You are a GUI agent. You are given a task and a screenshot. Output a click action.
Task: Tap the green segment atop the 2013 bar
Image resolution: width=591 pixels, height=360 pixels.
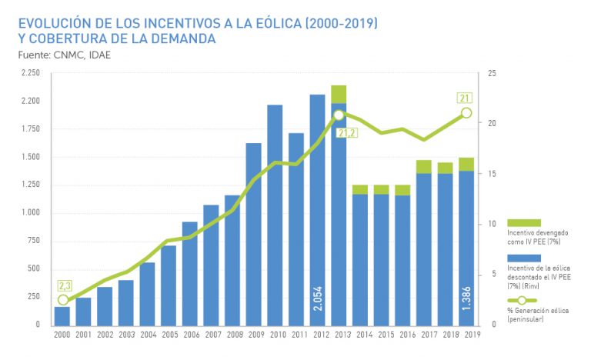[x=339, y=94]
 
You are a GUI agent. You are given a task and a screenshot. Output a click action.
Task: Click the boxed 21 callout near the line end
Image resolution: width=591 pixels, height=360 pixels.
[x=465, y=98]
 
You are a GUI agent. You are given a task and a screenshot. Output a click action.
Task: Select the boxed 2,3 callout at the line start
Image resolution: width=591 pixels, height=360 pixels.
[x=63, y=286]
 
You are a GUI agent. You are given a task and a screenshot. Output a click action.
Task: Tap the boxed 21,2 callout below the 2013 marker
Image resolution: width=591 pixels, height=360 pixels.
[x=347, y=132]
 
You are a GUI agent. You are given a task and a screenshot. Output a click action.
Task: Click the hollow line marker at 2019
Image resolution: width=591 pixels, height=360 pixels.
[x=466, y=113]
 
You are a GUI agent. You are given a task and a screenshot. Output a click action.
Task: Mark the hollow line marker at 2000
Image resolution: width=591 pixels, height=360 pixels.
[x=63, y=301]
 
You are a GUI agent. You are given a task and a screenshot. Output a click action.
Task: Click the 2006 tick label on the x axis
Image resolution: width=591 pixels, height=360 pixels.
[x=190, y=335]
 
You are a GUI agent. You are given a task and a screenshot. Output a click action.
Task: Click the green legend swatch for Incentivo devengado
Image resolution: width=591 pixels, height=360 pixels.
[x=523, y=222]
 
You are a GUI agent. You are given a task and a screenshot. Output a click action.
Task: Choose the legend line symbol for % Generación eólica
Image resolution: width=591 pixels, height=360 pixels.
[x=523, y=300]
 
